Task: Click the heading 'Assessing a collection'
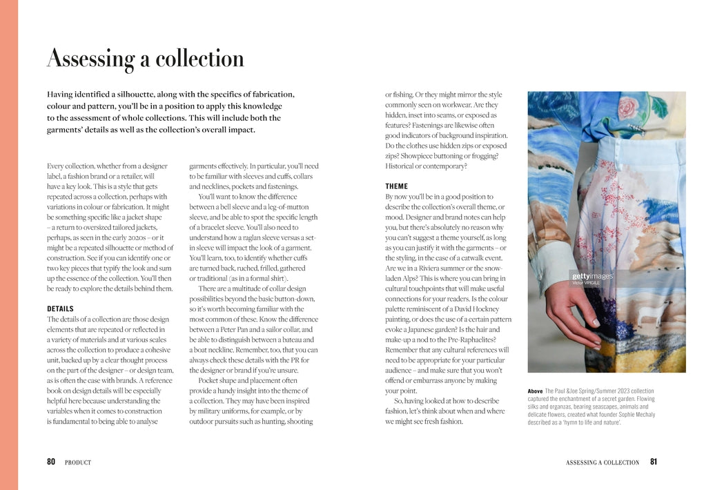(x=145, y=59)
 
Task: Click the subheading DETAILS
(x=60, y=308)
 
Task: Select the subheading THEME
(x=396, y=186)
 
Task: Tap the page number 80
(x=51, y=462)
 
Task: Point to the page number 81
(x=653, y=462)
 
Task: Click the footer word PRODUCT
(x=78, y=462)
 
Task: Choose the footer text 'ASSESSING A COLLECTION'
(x=602, y=462)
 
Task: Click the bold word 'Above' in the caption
(x=535, y=391)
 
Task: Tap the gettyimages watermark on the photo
(x=591, y=276)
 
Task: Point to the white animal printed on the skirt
(x=646, y=317)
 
